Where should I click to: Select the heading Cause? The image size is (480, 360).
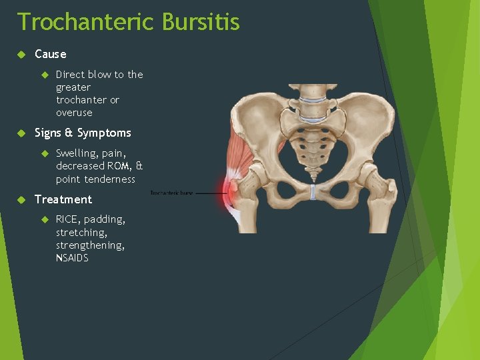coord(50,54)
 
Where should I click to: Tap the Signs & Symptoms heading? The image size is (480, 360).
coord(83,133)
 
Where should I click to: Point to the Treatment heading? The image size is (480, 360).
coord(63,199)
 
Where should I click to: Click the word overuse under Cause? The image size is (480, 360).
coord(74,113)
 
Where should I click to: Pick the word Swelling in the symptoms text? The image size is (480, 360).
coord(76,153)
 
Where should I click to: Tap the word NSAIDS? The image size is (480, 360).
coord(72,258)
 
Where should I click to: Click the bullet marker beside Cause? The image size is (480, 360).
coord(21,54)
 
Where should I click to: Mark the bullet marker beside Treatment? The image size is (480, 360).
coord(21,199)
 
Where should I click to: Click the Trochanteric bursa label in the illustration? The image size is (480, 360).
coord(171,193)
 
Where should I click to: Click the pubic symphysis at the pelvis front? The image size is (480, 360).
coord(313,193)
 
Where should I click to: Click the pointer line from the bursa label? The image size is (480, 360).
coord(210,193)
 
